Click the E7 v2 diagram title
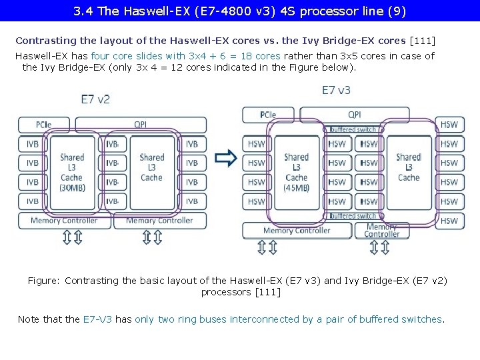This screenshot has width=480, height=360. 95,99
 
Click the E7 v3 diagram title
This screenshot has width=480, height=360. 336,90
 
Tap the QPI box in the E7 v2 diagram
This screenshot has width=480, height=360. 141,124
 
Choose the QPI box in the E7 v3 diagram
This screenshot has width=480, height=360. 354,115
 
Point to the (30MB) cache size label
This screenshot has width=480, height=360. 72,188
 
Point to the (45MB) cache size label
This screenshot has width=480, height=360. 296,188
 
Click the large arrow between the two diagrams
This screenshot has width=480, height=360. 227,158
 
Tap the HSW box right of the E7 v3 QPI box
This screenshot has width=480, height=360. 449,125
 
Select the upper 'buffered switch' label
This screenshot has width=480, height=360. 353,129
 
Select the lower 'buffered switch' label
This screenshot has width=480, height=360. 353,216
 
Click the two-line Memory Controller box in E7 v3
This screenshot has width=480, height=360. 381,231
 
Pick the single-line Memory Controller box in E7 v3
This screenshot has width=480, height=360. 297,231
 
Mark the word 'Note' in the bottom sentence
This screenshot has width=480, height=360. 29,319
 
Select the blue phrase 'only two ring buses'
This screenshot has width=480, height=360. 181,319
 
